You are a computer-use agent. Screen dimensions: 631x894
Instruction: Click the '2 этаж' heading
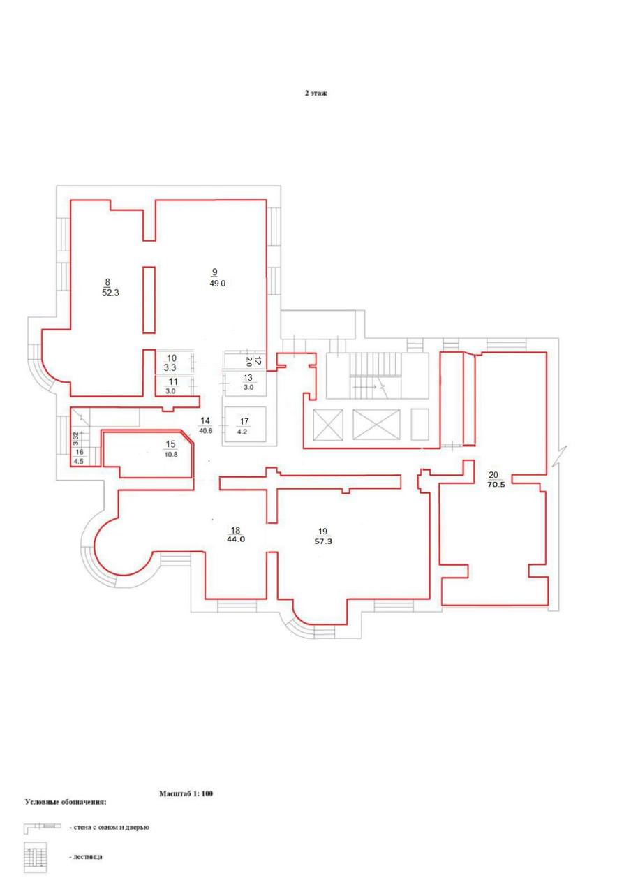pos(316,94)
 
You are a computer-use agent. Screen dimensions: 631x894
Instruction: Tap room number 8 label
pos(107,281)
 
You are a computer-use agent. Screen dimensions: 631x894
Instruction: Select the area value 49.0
pos(217,284)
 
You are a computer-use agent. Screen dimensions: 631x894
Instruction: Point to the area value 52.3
pos(110,293)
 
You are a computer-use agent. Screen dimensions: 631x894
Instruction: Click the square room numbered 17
pos(244,424)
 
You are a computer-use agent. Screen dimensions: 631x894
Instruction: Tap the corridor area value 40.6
pos(206,431)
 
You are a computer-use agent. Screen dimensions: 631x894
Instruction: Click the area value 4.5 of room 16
pos(79,462)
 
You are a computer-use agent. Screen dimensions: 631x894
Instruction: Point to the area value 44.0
pos(236,539)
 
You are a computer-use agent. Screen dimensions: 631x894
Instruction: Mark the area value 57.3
pos(323,541)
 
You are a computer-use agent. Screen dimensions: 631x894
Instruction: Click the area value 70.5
pos(496,485)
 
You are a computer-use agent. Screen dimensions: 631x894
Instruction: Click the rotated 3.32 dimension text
pos(76,439)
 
